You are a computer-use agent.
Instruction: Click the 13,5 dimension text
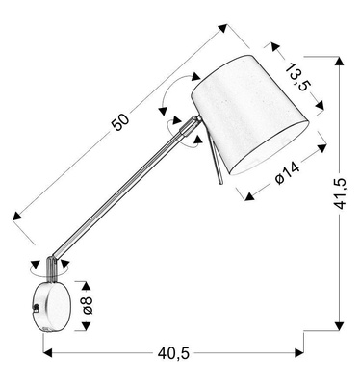pos(297,77)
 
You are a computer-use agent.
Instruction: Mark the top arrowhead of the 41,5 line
pos(340,59)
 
